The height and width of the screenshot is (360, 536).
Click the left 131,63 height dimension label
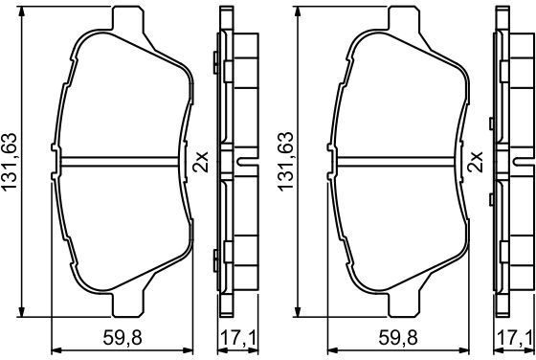click(10, 162)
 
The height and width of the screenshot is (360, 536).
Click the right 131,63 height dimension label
click(286, 162)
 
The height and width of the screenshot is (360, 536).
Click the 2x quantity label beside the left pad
click(200, 162)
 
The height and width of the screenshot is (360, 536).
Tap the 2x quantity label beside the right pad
click(477, 162)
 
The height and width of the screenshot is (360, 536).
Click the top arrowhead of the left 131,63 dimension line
click(21, 12)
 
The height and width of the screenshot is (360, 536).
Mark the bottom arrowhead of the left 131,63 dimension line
click(21, 311)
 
